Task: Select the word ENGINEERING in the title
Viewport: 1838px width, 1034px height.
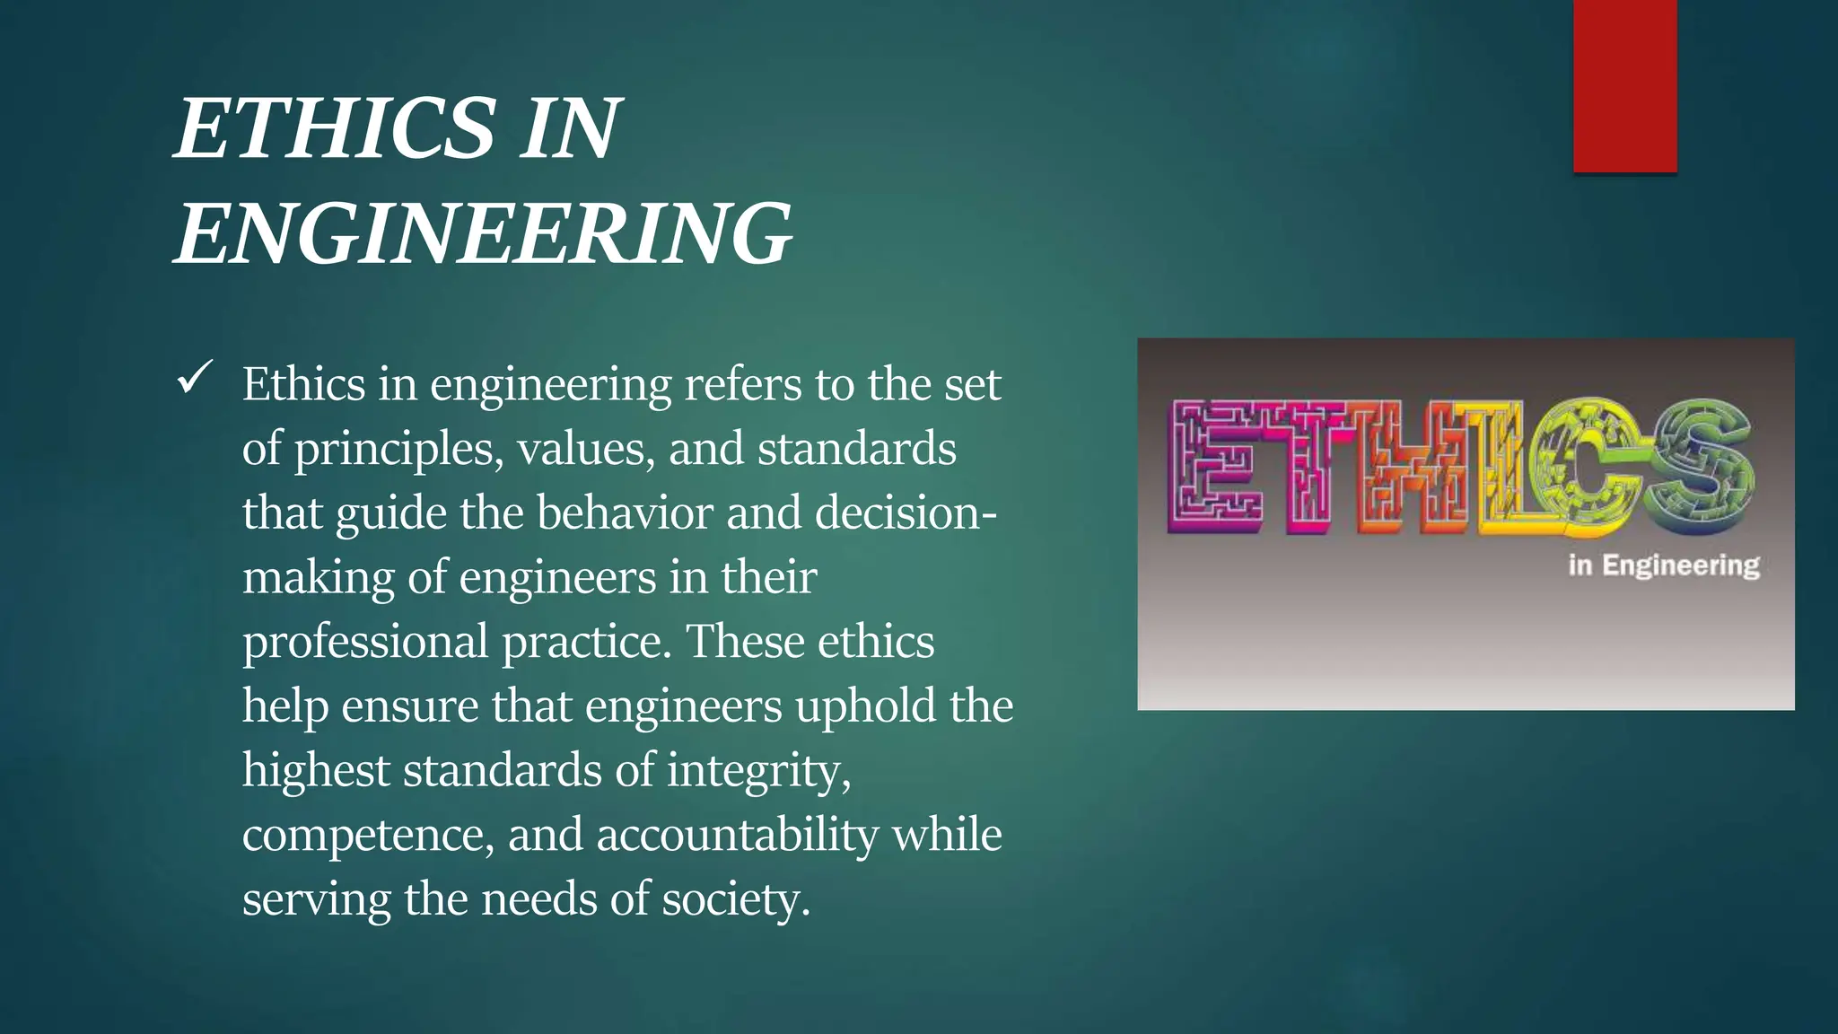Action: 484,233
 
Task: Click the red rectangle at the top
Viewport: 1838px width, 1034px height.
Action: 1624,85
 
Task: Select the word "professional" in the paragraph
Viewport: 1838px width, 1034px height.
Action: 365,643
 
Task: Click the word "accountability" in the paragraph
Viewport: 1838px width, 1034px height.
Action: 737,836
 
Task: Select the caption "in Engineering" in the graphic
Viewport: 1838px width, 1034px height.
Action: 1663,565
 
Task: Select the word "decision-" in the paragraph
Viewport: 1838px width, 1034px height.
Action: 906,513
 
